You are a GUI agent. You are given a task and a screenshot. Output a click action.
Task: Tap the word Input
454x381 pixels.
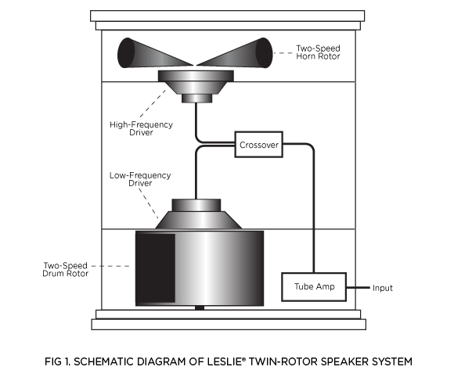383,288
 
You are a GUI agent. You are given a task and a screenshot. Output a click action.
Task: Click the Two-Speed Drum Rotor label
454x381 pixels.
67,270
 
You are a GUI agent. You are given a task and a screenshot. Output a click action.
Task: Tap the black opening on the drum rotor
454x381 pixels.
155,268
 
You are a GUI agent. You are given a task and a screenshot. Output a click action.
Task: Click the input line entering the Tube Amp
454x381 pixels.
355,288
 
